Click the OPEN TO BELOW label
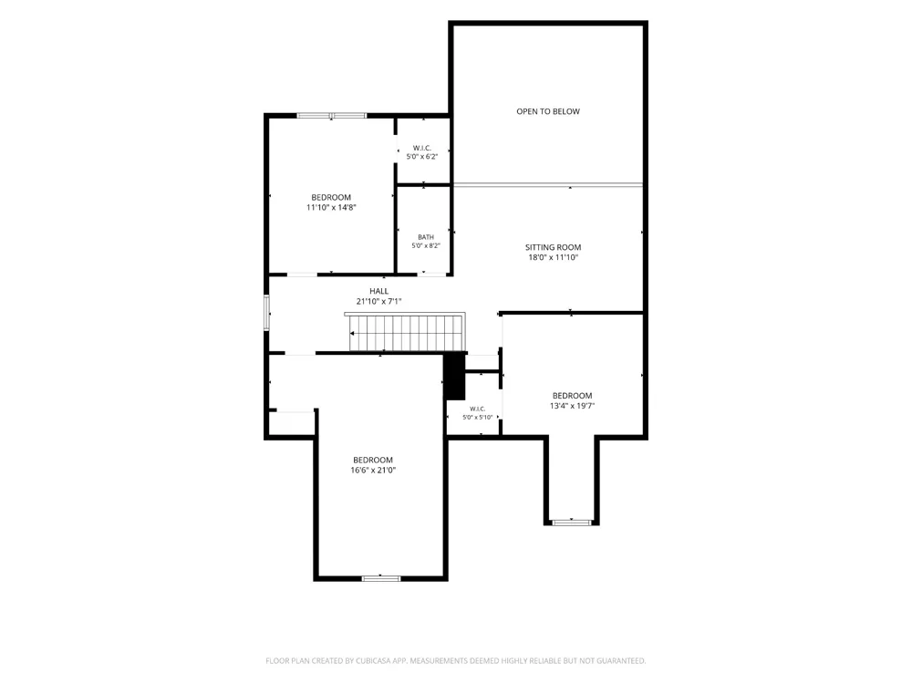[548, 111]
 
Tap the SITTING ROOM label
[554, 247]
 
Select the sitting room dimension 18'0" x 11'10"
[554, 257]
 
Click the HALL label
[378, 291]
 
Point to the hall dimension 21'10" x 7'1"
[378, 301]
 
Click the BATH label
[426, 237]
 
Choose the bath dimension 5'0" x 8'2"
[426, 245]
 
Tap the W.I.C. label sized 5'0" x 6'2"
[421, 148]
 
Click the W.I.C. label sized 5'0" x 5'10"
[478, 409]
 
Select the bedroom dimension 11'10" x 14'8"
[331, 207]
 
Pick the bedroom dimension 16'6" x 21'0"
[373, 470]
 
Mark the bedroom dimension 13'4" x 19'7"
[573, 406]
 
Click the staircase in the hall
[405, 332]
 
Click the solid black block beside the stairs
[455, 377]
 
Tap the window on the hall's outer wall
[267, 312]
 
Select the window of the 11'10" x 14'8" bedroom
[332, 116]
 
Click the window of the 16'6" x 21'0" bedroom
[381, 578]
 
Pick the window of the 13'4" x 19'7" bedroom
[572, 523]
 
